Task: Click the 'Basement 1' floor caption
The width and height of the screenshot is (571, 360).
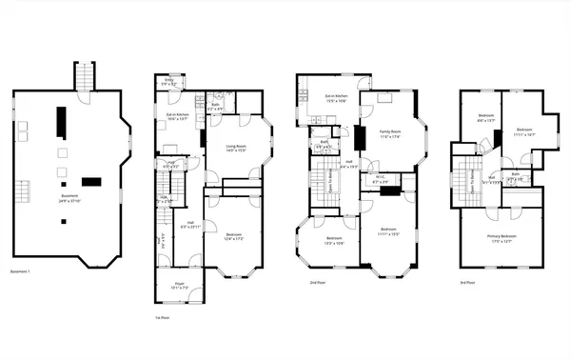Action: pyautogui.click(x=21, y=273)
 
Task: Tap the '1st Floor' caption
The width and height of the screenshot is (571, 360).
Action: pyautogui.click(x=162, y=316)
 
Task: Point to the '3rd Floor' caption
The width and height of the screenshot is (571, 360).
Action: pyautogui.click(x=467, y=283)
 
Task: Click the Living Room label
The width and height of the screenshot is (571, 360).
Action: pyautogui.click(x=235, y=148)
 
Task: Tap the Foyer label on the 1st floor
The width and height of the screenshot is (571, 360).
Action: pyautogui.click(x=178, y=284)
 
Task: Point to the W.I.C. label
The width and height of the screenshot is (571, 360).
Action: pyautogui.click(x=379, y=176)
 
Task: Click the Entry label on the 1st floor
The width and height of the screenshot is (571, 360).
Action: pyautogui.click(x=168, y=80)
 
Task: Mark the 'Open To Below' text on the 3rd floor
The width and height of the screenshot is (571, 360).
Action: pyautogui.click(x=473, y=179)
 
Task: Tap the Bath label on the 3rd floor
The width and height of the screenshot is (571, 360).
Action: pyautogui.click(x=515, y=173)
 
